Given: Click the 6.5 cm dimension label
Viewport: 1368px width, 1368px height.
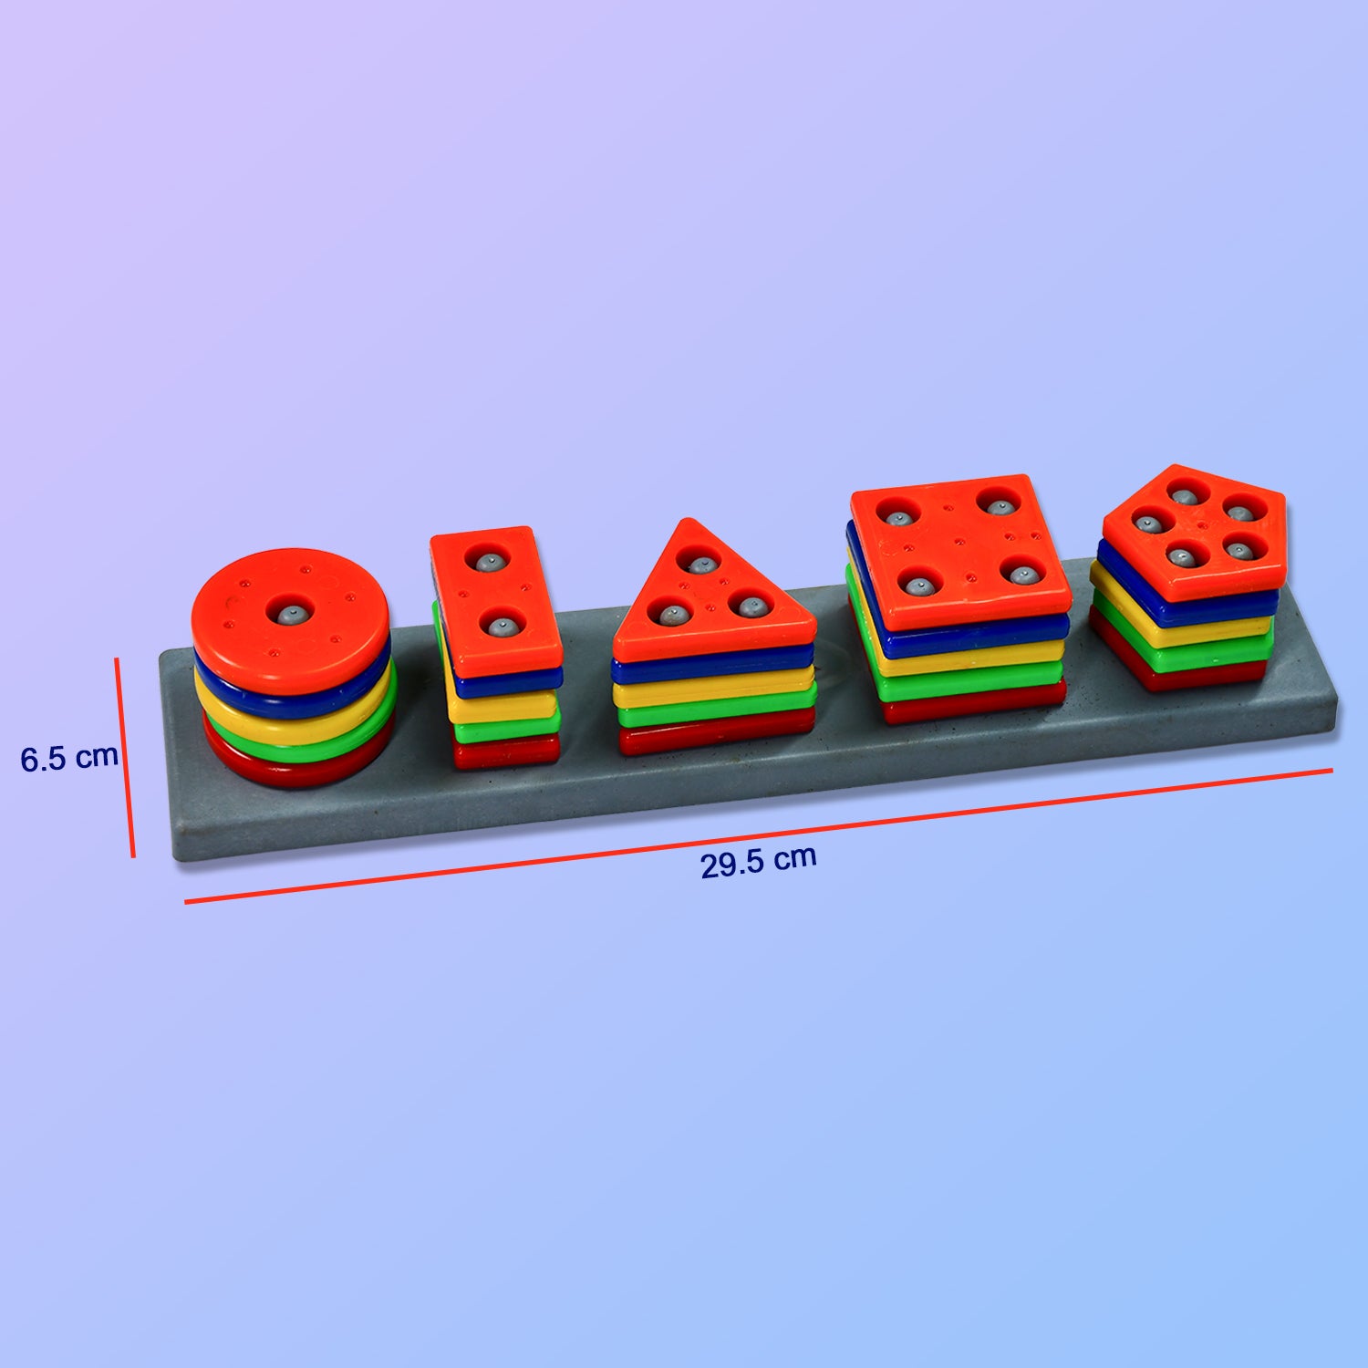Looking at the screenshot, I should [x=69, y=757].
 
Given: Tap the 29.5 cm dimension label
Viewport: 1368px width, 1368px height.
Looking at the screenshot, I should [x=758, y=861].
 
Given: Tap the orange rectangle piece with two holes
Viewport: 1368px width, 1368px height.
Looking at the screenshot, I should [x=495, y=597].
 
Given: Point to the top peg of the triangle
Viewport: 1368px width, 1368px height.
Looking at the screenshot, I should [x=700, y=565].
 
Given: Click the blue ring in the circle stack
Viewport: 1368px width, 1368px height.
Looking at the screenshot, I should [x=292, y=698].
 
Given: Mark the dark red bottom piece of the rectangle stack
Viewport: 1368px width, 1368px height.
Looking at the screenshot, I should [x=506, y=752].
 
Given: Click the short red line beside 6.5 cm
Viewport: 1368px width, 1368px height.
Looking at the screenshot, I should [x=125, y=757].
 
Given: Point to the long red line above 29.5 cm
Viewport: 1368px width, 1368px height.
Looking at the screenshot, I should [x=757, y=836].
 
